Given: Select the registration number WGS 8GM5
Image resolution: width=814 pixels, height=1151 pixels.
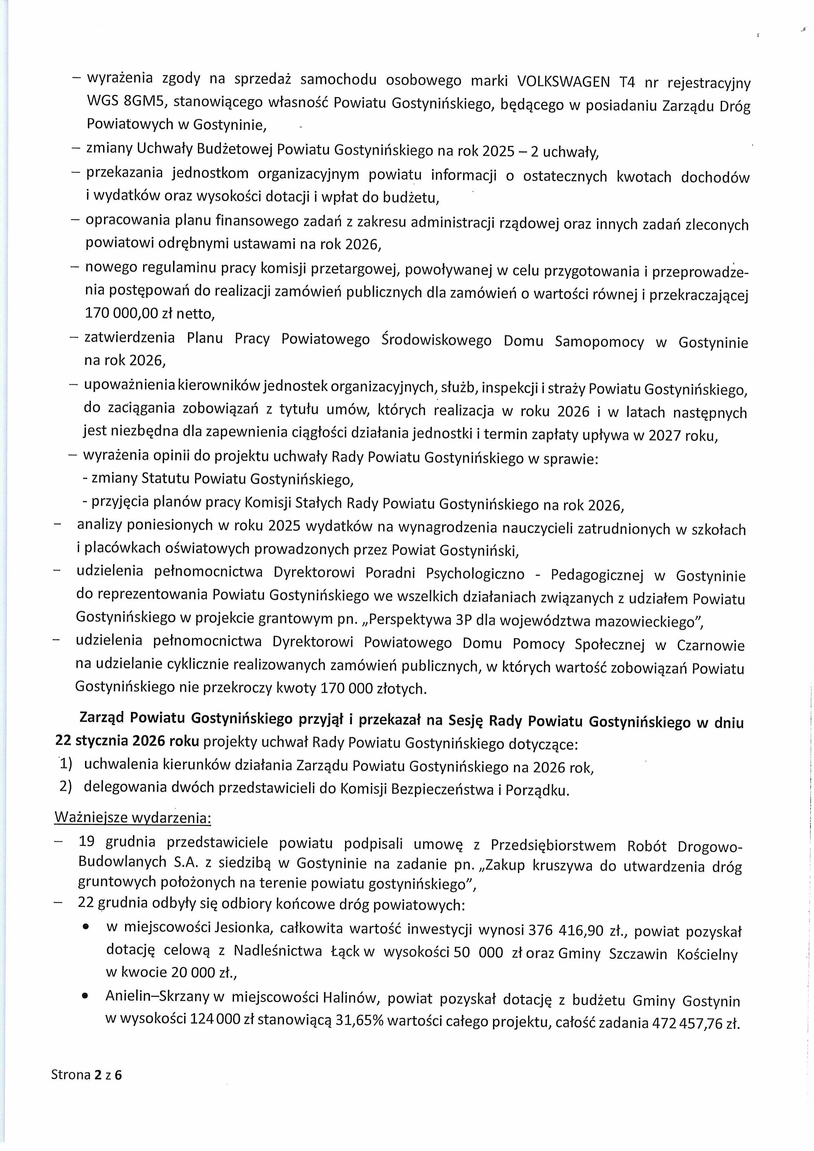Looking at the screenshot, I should point(129,101).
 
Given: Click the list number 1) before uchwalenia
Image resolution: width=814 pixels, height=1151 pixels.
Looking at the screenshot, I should point(65,765).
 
